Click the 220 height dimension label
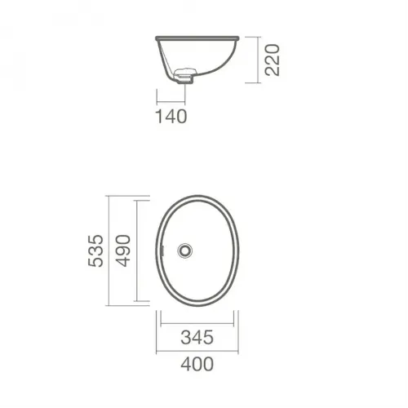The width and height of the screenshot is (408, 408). (x=273, y=60)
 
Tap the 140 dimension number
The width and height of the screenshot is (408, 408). (x=171, y=117)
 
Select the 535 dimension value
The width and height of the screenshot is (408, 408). (x=96, y=251)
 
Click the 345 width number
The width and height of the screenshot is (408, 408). (x=197, y=338)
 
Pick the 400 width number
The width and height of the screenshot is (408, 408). (x=197, y=365)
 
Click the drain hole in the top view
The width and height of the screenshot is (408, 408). (x=185, y=251)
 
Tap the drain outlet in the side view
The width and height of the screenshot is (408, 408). (x=184, y=77)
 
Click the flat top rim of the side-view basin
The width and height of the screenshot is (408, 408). (x=197, y=38)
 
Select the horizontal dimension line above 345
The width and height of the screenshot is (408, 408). (x=197, y=324)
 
